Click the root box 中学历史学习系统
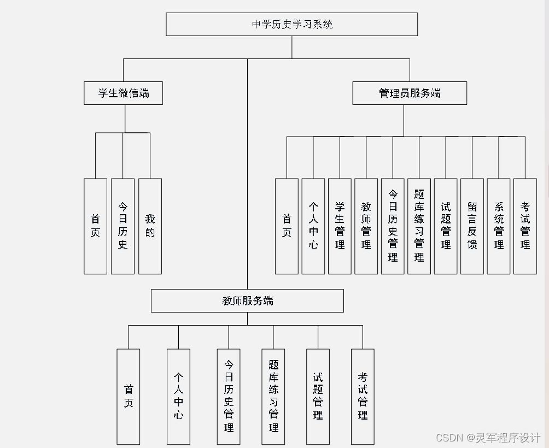click(291, 25)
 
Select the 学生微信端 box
click(124, 93)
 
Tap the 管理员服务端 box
click(410, 93)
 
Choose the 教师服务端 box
click(247, 300)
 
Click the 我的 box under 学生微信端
click(150, 226)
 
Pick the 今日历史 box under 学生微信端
click(122, 226)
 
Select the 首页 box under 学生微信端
click(95, 226)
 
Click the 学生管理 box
click(340, 226)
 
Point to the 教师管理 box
click(366, 226)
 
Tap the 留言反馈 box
click(472, 226)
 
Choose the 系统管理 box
click(499, 226)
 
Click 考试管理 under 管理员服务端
click(525, 226)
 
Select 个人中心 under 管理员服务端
click(313, 226)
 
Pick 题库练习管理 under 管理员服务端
click(419, 226)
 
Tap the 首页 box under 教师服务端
click(129, 397)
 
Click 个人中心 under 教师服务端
click(178, 397)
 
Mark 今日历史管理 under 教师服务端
click(229, 397)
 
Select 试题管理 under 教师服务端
click(318, 397)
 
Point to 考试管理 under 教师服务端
click(363, 397)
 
